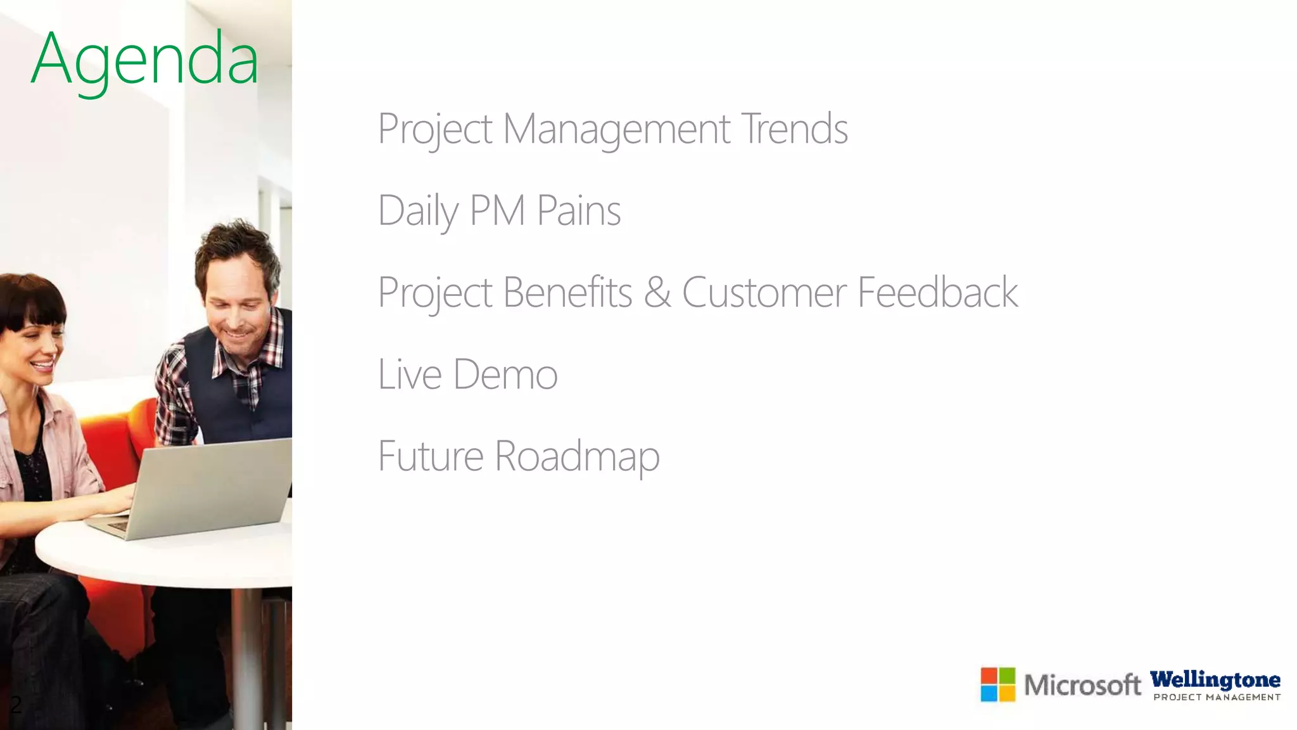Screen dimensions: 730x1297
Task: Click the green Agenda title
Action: coord(144,60)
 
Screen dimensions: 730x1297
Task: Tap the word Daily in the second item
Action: coord(417,211)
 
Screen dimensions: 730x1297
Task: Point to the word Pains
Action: coord(579,210)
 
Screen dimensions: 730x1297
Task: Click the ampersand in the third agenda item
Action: coord(657,293)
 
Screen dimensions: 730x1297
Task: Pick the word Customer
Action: coord(764,293)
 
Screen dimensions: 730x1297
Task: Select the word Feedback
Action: coord(937,293)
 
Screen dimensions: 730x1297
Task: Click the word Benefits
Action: coord(567,293)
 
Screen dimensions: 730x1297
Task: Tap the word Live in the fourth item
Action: coord(409,374)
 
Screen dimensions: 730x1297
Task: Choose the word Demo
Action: coord(505,374)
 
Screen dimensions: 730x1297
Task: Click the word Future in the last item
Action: coord(431,456)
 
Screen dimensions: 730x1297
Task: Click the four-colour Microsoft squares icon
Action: coord(997,684)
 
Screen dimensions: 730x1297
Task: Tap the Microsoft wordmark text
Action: coord(1082,685)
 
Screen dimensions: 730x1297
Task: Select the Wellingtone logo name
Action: coord(1215,680)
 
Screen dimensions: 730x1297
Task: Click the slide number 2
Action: coord(16,704)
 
